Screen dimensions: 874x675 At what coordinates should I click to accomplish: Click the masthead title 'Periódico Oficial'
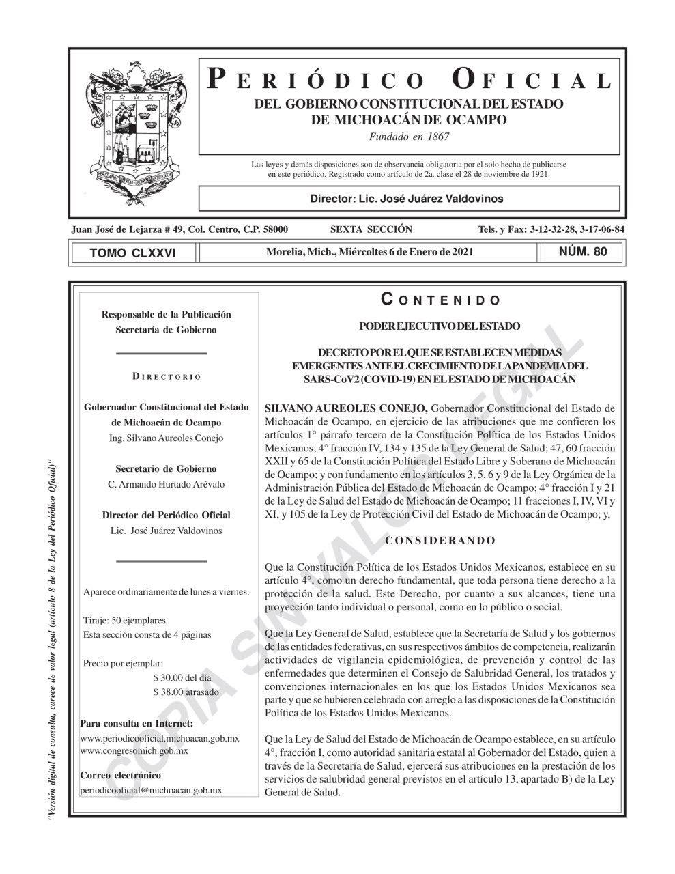tap(409, 80)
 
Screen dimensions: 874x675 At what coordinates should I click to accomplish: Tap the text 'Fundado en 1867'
tap(409, 137)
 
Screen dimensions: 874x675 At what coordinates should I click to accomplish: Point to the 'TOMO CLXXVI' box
tap(132, 253)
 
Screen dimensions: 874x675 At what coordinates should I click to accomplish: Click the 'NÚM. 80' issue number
tap(582, 252)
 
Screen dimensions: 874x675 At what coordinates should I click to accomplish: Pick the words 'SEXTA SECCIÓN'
tap(371, 229)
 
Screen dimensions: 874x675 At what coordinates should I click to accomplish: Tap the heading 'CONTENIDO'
tap(440, 300)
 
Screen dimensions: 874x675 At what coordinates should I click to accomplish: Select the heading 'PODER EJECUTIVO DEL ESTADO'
tap(440, 327)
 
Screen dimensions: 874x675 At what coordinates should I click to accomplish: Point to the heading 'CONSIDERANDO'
tap(440, 541)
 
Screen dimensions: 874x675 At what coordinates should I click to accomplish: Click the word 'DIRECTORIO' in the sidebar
tap(167, 377)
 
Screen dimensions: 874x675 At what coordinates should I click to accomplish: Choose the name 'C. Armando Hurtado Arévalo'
tap(167, 484)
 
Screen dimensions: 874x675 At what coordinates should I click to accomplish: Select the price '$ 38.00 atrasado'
tap(186, 692)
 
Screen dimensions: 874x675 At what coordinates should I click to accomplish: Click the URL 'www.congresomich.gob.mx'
tap(134, 750)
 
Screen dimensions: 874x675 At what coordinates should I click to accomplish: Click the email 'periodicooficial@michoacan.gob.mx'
tap(151, 790)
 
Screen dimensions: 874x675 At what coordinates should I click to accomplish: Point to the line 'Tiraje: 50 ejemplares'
tap(124, 621)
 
